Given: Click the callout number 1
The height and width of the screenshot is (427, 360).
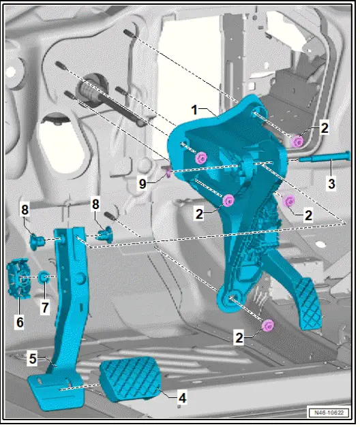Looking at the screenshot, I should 194,109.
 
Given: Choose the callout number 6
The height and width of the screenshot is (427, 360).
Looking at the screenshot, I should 19,321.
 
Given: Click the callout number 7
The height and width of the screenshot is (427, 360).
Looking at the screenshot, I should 45,308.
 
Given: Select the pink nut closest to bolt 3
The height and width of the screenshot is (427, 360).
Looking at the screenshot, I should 298,142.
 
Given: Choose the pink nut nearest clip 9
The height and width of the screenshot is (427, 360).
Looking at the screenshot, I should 200,158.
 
